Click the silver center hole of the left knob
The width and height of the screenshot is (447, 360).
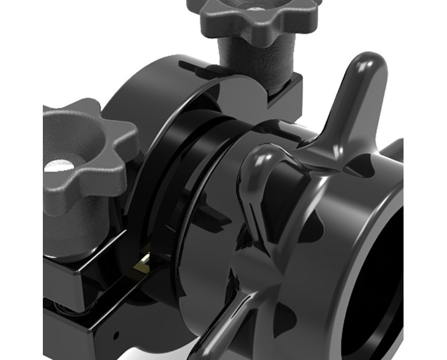(61, 166)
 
